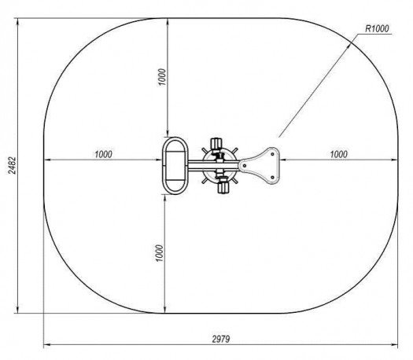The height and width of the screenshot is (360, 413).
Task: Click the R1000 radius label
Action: pos(377,28)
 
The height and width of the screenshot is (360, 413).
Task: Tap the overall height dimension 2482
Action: pos(12,165)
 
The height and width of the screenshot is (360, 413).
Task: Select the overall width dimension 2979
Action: pos(221,339)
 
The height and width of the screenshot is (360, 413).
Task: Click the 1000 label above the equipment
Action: pos(163,77)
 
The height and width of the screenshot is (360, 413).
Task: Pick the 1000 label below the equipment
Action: pos(160,253)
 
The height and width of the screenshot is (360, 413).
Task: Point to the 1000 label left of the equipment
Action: pos(103,154)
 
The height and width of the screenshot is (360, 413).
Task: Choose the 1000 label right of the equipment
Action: pos(339,154)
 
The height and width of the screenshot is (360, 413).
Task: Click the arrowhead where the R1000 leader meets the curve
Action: pos(348,46)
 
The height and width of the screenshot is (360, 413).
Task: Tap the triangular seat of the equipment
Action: pos(259,166)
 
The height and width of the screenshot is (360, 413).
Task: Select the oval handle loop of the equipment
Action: pos(164,166)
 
